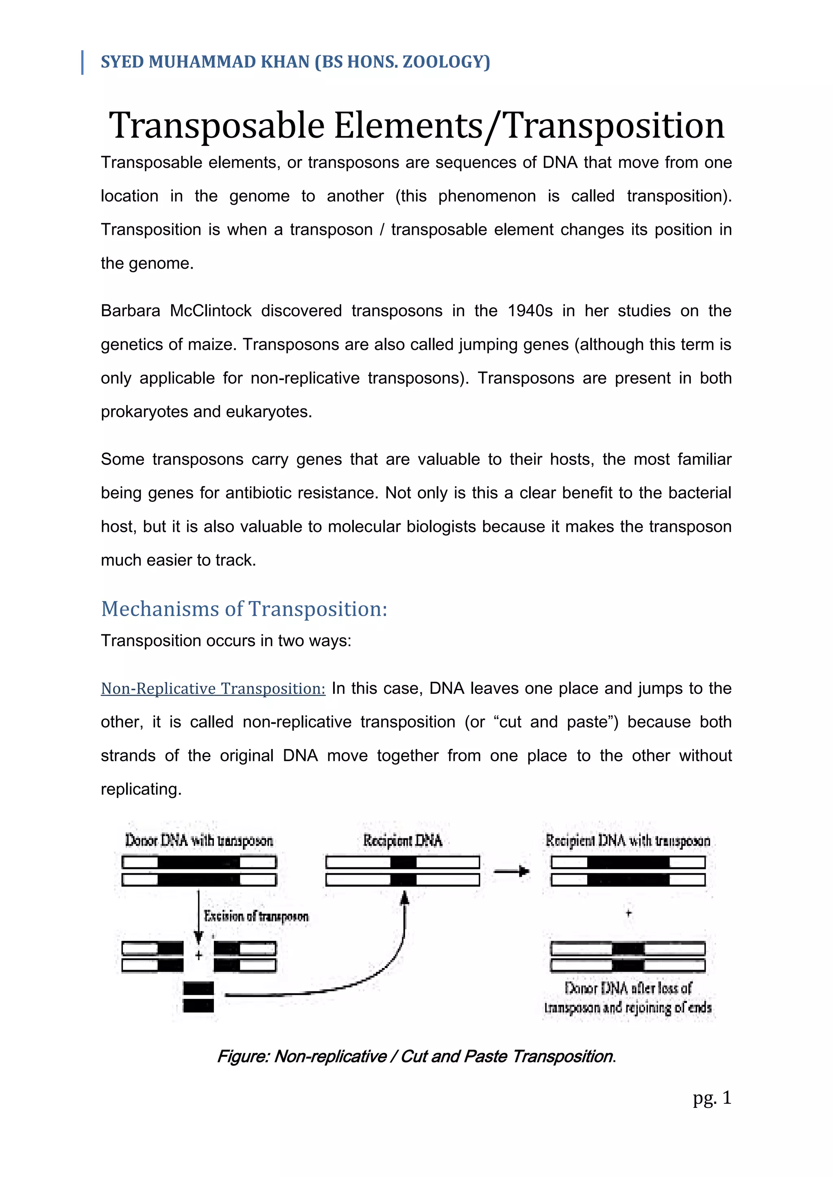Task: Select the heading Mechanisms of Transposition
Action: click(244, 609)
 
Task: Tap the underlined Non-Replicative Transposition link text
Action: click(213, 688)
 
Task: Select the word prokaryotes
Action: click(144, 412)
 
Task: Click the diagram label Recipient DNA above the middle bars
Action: click(402, 841)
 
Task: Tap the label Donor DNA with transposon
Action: click(199, 841)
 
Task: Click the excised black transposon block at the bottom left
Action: click(198, 997)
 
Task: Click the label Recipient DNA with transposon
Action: click(628, 841)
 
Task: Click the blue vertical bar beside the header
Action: click(83, 63)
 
